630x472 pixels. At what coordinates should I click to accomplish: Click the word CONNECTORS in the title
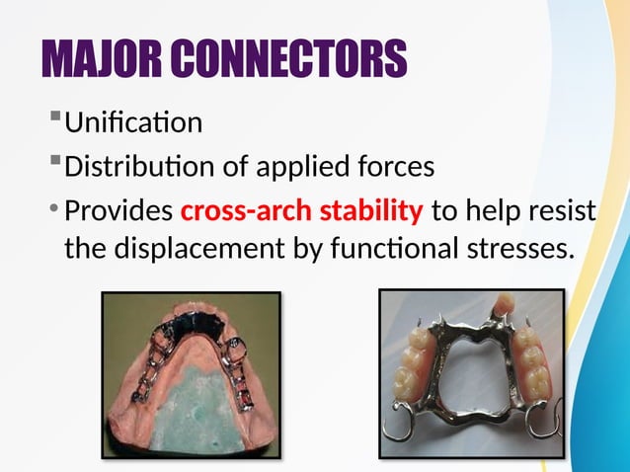point(295,59)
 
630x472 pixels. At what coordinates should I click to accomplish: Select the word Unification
point(133,123)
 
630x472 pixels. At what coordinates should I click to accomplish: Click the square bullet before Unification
point(53,121)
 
